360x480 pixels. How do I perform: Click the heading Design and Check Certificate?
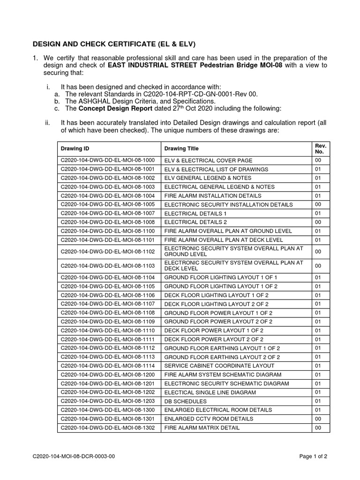pyautogui.click(x=114, y=45)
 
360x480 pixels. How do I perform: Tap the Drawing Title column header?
pyautogui.click(x=181, y=149)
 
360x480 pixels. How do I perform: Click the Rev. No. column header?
pyautogui.click(x=321, y=149)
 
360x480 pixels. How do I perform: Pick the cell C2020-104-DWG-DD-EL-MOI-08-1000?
pyautogui.click(x=107, y=160)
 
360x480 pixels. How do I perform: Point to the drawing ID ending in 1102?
pyautogui.click(x=107, y=251)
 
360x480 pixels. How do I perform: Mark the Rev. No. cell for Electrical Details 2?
pyautogui.click(x=318, y=222)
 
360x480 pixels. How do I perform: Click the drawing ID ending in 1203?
pyautogui.click(x=107, y=401)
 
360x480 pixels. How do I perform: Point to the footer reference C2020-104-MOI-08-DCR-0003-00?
pyautogui.click(x=74, y=456)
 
